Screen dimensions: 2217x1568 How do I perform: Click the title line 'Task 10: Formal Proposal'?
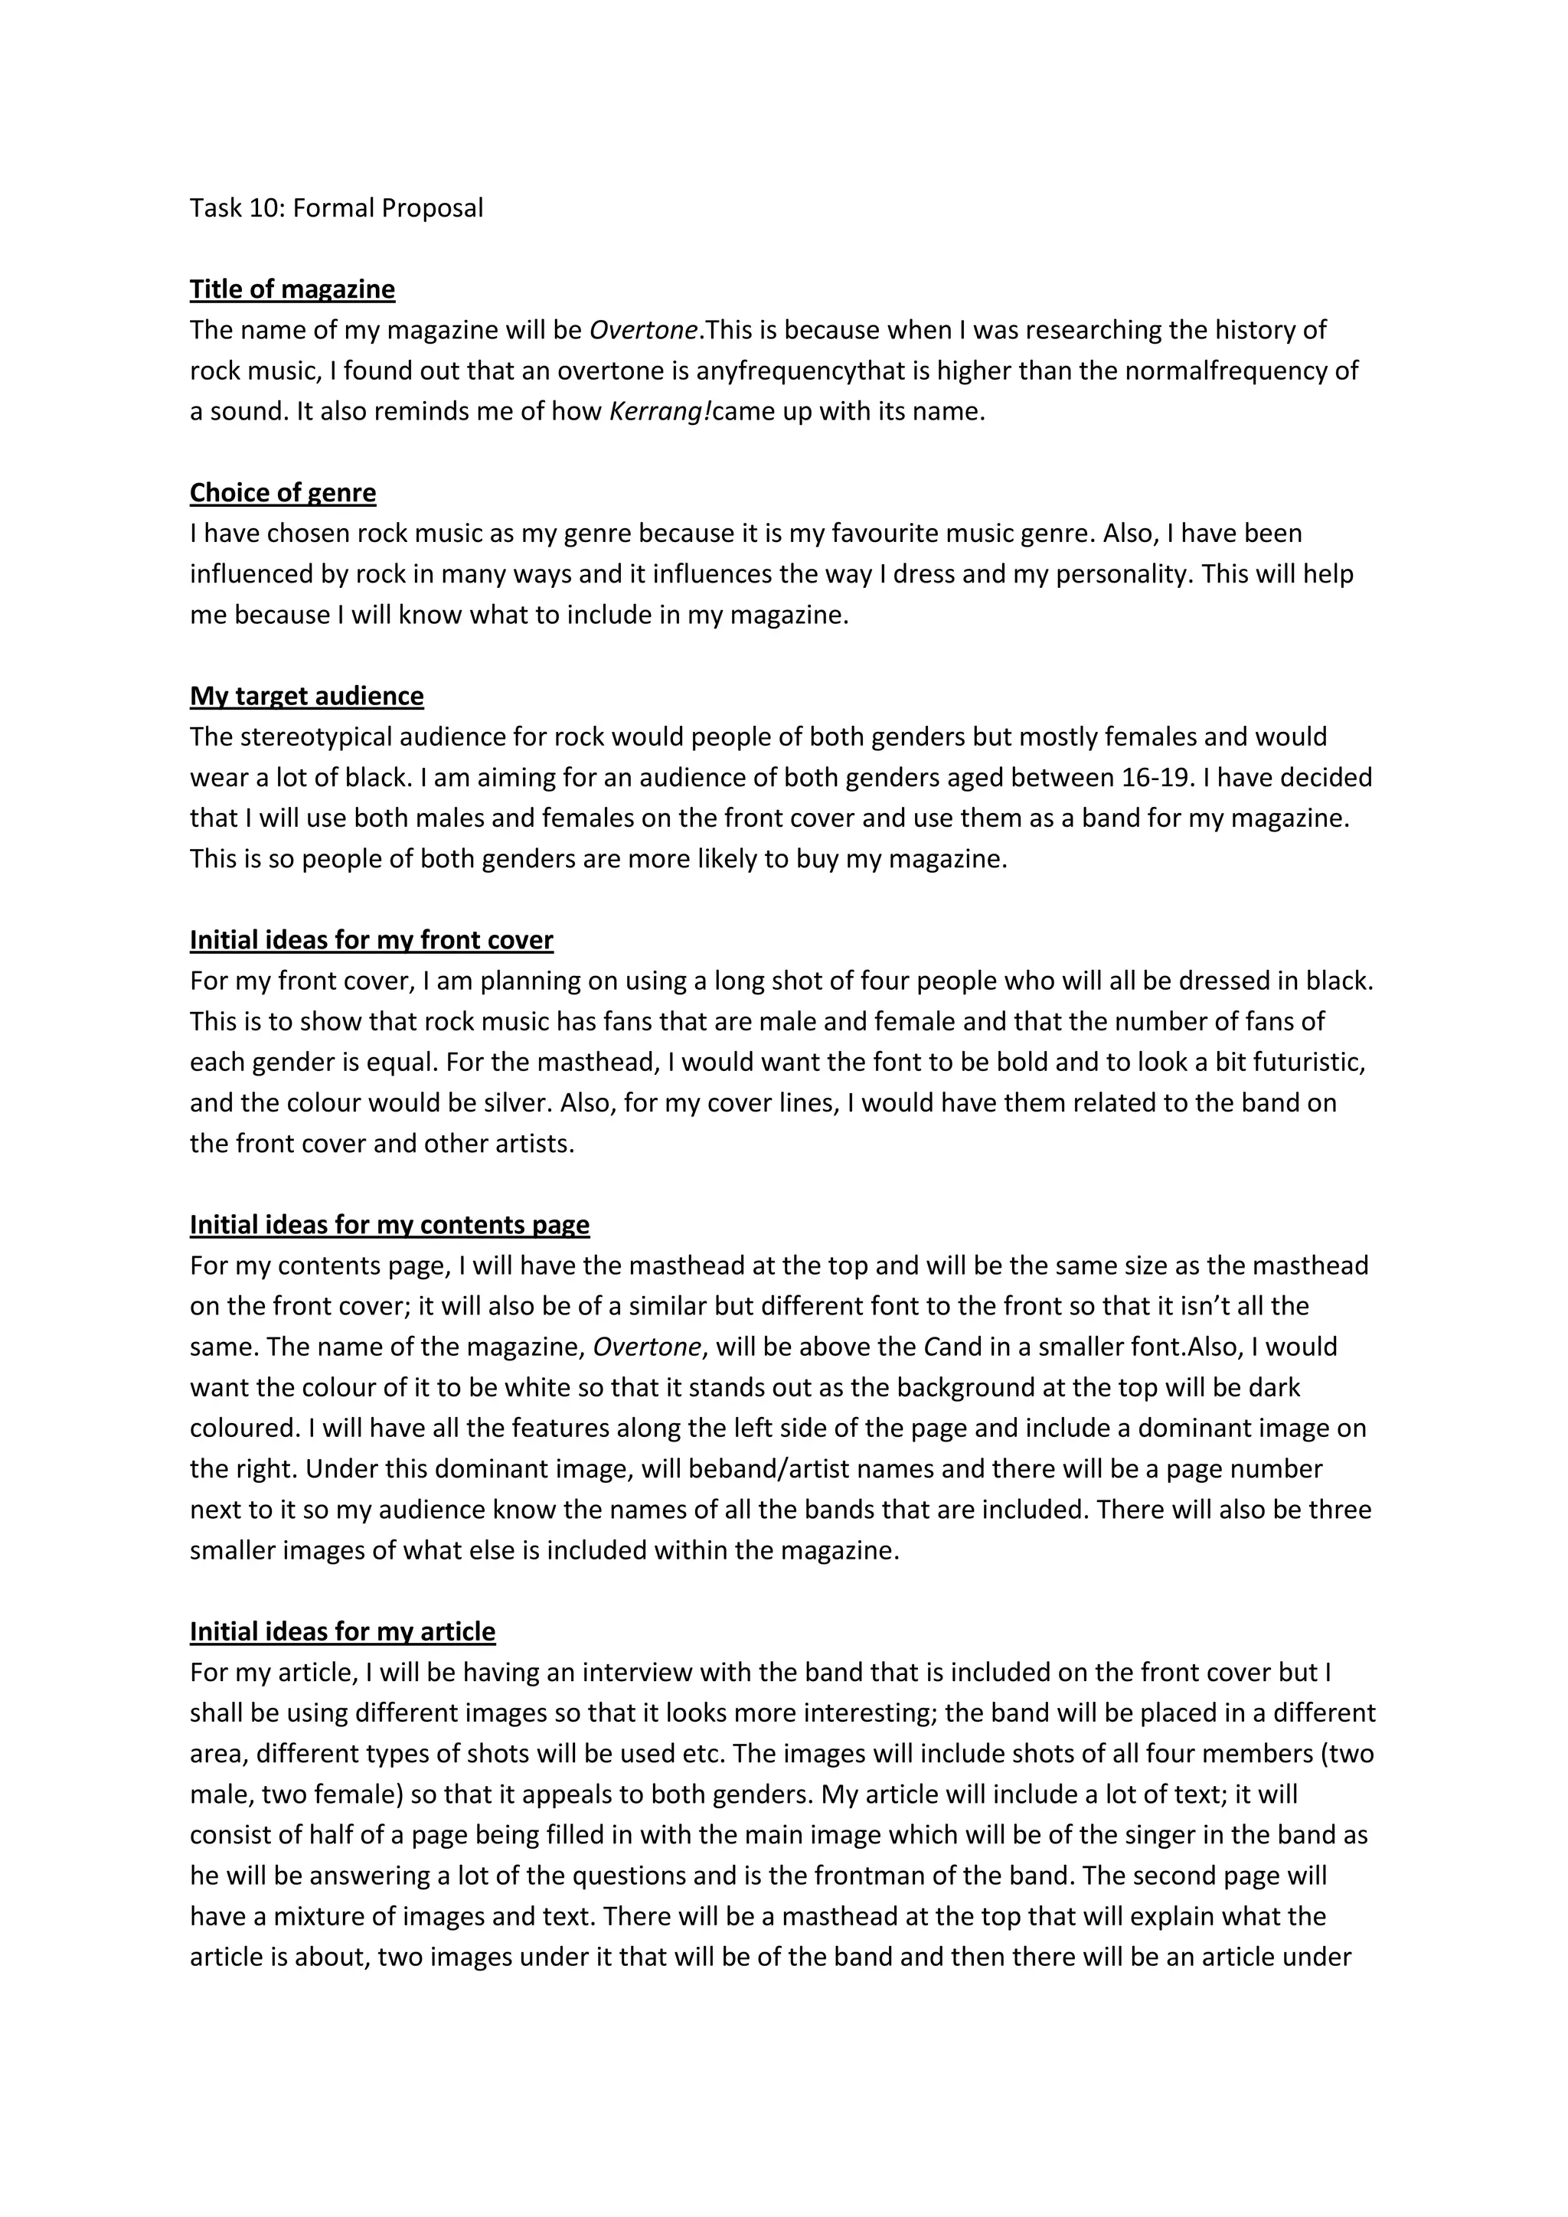(x=336, y=207)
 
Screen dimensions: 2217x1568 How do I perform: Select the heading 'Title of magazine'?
(x=292, y=289)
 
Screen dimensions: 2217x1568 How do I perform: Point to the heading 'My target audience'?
(x=306, y=696)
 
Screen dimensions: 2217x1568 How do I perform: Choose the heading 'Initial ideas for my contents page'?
(x=389, y=1226)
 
